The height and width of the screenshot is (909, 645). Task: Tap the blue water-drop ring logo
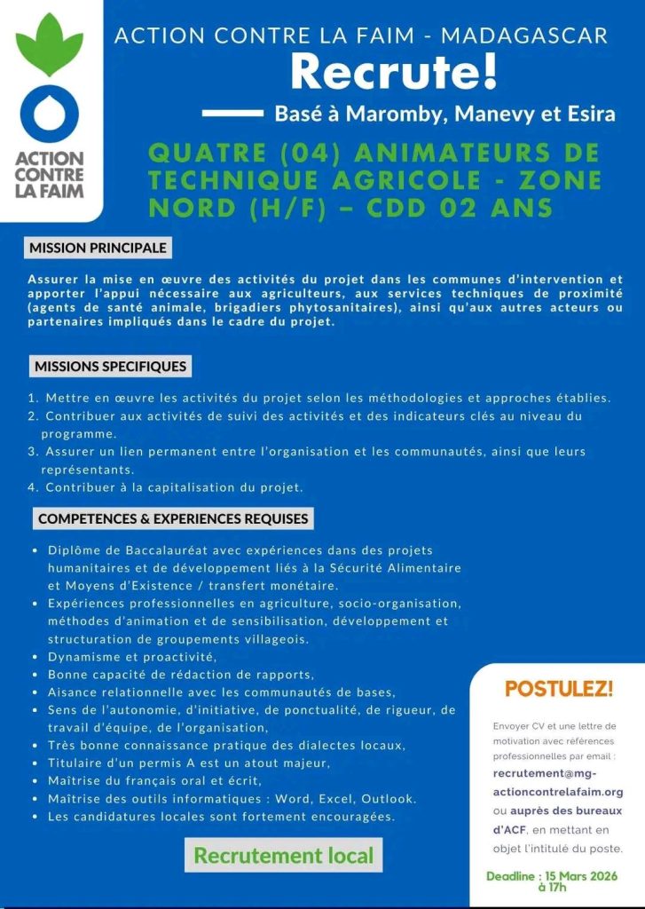click(x=50, y=115)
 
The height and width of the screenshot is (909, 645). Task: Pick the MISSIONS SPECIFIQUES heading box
click(x=110, y=366)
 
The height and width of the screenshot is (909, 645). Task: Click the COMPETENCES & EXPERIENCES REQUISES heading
click(x=172, y=518)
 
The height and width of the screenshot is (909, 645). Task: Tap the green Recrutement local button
click(x=283, y=856)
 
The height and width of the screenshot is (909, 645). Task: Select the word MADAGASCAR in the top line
click(x=524, y=36)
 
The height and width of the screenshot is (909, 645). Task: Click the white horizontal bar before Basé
click(x=232, y=114)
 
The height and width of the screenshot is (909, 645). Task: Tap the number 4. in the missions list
click(x=33, y=487)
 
